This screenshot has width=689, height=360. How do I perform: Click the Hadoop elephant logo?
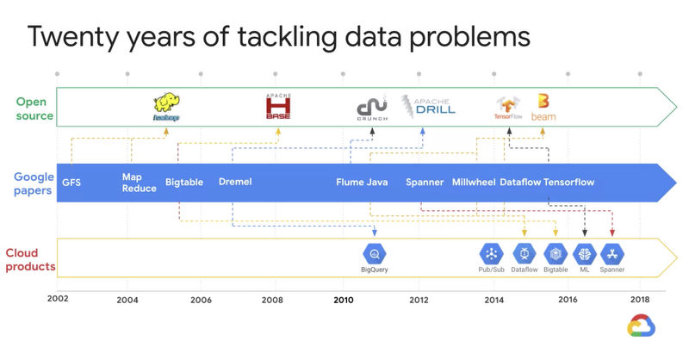[165, 107]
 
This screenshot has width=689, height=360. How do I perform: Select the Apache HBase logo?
[278, 106]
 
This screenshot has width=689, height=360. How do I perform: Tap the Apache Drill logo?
[429, 106]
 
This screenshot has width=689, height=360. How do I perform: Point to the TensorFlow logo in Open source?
[508, 108]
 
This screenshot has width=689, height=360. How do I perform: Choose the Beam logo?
[543, 107]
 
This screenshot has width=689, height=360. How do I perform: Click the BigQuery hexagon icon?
[375, 254]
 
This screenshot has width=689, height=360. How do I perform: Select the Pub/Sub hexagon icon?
[491, 254]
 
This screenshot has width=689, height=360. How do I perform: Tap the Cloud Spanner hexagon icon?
[612, 254]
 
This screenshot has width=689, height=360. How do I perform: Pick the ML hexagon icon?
[585, 254]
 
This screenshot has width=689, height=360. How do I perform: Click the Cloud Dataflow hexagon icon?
[525, 254]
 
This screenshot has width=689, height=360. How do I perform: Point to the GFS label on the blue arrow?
[71, 183]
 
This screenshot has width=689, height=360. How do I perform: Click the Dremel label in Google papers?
[235, 182]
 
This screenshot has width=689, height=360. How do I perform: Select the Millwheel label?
[474, 183]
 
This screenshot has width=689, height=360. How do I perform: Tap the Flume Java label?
[362, 183]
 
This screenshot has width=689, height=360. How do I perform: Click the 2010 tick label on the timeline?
[344, 300]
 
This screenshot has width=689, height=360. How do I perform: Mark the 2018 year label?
[640, 300]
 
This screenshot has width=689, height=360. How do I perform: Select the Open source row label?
[34, 109]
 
